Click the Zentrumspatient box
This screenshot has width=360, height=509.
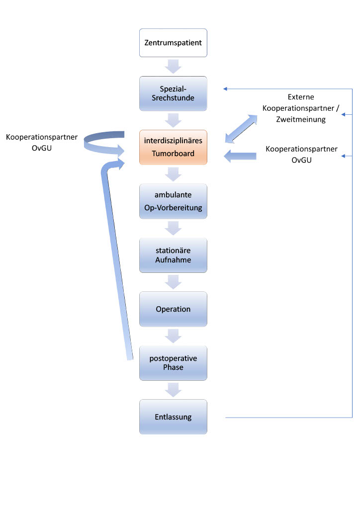[x=173, y=43]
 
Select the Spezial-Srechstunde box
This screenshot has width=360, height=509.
[x=173, y=93]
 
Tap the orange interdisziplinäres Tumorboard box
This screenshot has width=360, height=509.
[x=173, y=147]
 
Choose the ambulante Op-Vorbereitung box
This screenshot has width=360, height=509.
[x=173, y=201]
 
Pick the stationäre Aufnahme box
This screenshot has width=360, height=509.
[x=173, y=255]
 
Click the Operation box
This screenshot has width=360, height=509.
[x=173, y=309]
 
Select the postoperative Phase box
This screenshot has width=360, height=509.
[x=173, y=363]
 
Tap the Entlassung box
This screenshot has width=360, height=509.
[x=173, y=417]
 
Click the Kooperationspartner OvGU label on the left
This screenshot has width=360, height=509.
[x=42, y=142]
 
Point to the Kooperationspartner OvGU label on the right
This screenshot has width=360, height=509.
[x=302, y=154]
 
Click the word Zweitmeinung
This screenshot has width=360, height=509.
[x=301, y=119]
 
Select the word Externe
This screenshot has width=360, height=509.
[x=301, y=97]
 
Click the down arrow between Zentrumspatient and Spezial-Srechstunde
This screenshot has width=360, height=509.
[x=174, y=66]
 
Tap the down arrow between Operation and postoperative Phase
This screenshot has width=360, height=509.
[x=174, y=336]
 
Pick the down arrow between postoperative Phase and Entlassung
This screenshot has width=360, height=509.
[x=174, y=390]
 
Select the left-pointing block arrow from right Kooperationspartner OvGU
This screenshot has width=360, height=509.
[x=240, y=156]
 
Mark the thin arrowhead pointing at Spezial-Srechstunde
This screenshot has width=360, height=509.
[x=225, y=89]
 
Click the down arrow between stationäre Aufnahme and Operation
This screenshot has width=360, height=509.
[x=174, y=282]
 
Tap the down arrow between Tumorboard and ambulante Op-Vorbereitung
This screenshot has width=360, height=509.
[x=174, y=174]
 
